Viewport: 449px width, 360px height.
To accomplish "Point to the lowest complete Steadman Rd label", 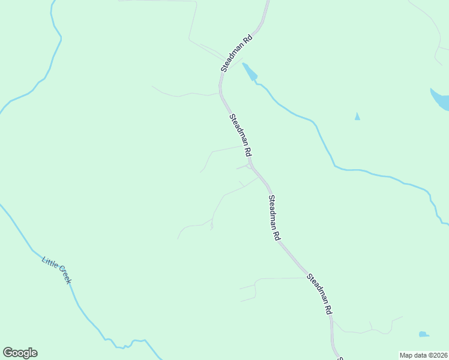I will click(319, 295).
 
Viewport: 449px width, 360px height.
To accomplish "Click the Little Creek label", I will click(56, 270).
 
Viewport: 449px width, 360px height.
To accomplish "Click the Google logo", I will click(20, 353).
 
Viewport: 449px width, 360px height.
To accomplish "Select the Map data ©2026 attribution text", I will click(423, 355).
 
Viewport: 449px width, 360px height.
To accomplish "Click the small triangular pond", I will click(357, 116).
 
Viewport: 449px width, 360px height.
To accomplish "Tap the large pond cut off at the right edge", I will click(441, 100).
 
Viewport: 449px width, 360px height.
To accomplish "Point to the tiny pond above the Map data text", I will click(423, 334).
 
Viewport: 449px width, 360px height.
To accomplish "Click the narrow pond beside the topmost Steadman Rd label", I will click(250, 72).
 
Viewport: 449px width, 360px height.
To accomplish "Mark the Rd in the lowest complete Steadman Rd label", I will click(328, 310).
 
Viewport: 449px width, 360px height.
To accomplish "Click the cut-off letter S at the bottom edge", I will click(340, 358).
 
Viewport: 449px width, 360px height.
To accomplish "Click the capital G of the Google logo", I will click(8, 353).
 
